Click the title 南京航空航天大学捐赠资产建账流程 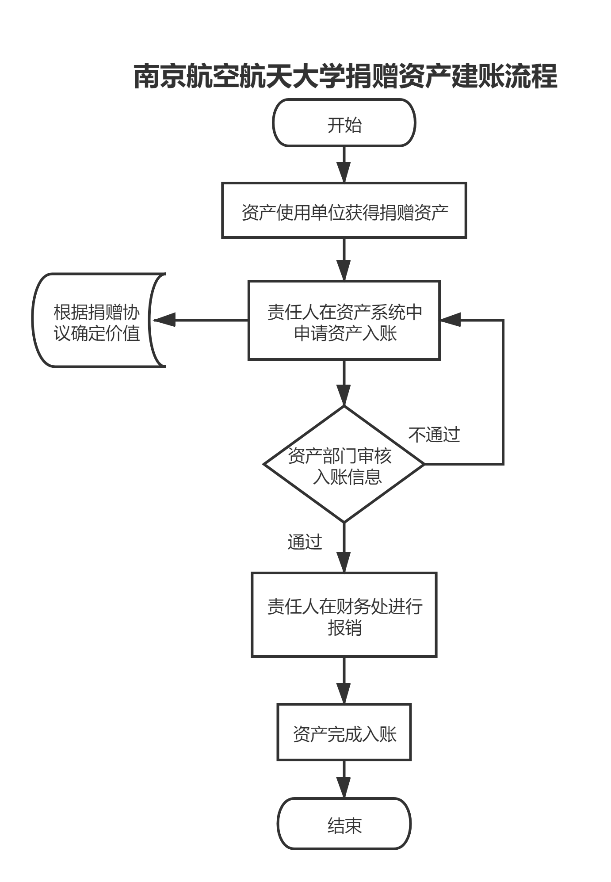(x=345, y=76)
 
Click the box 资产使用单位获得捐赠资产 (x=344, y=211)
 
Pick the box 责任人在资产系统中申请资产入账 (x=344, y=321)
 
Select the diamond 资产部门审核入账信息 (x=344, y=464)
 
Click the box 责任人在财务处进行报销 (x=344, y=615)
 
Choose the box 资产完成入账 (x=344, y=732)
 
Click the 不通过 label (x=434, y=435)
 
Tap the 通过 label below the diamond (x=305, y=542)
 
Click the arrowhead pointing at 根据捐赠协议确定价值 (x=164, y=320)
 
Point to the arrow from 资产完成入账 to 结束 (x=344, y=779)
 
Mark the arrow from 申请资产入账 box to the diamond (x=344, y=382)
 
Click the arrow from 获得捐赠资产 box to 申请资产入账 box (x=344, y=259)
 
